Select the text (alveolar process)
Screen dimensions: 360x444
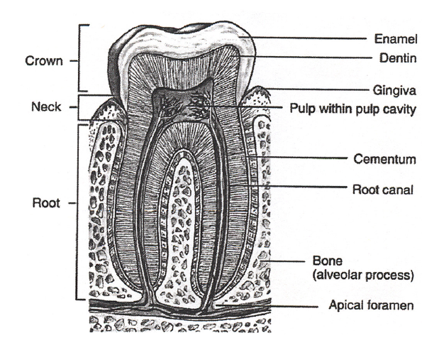click(365, 273)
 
